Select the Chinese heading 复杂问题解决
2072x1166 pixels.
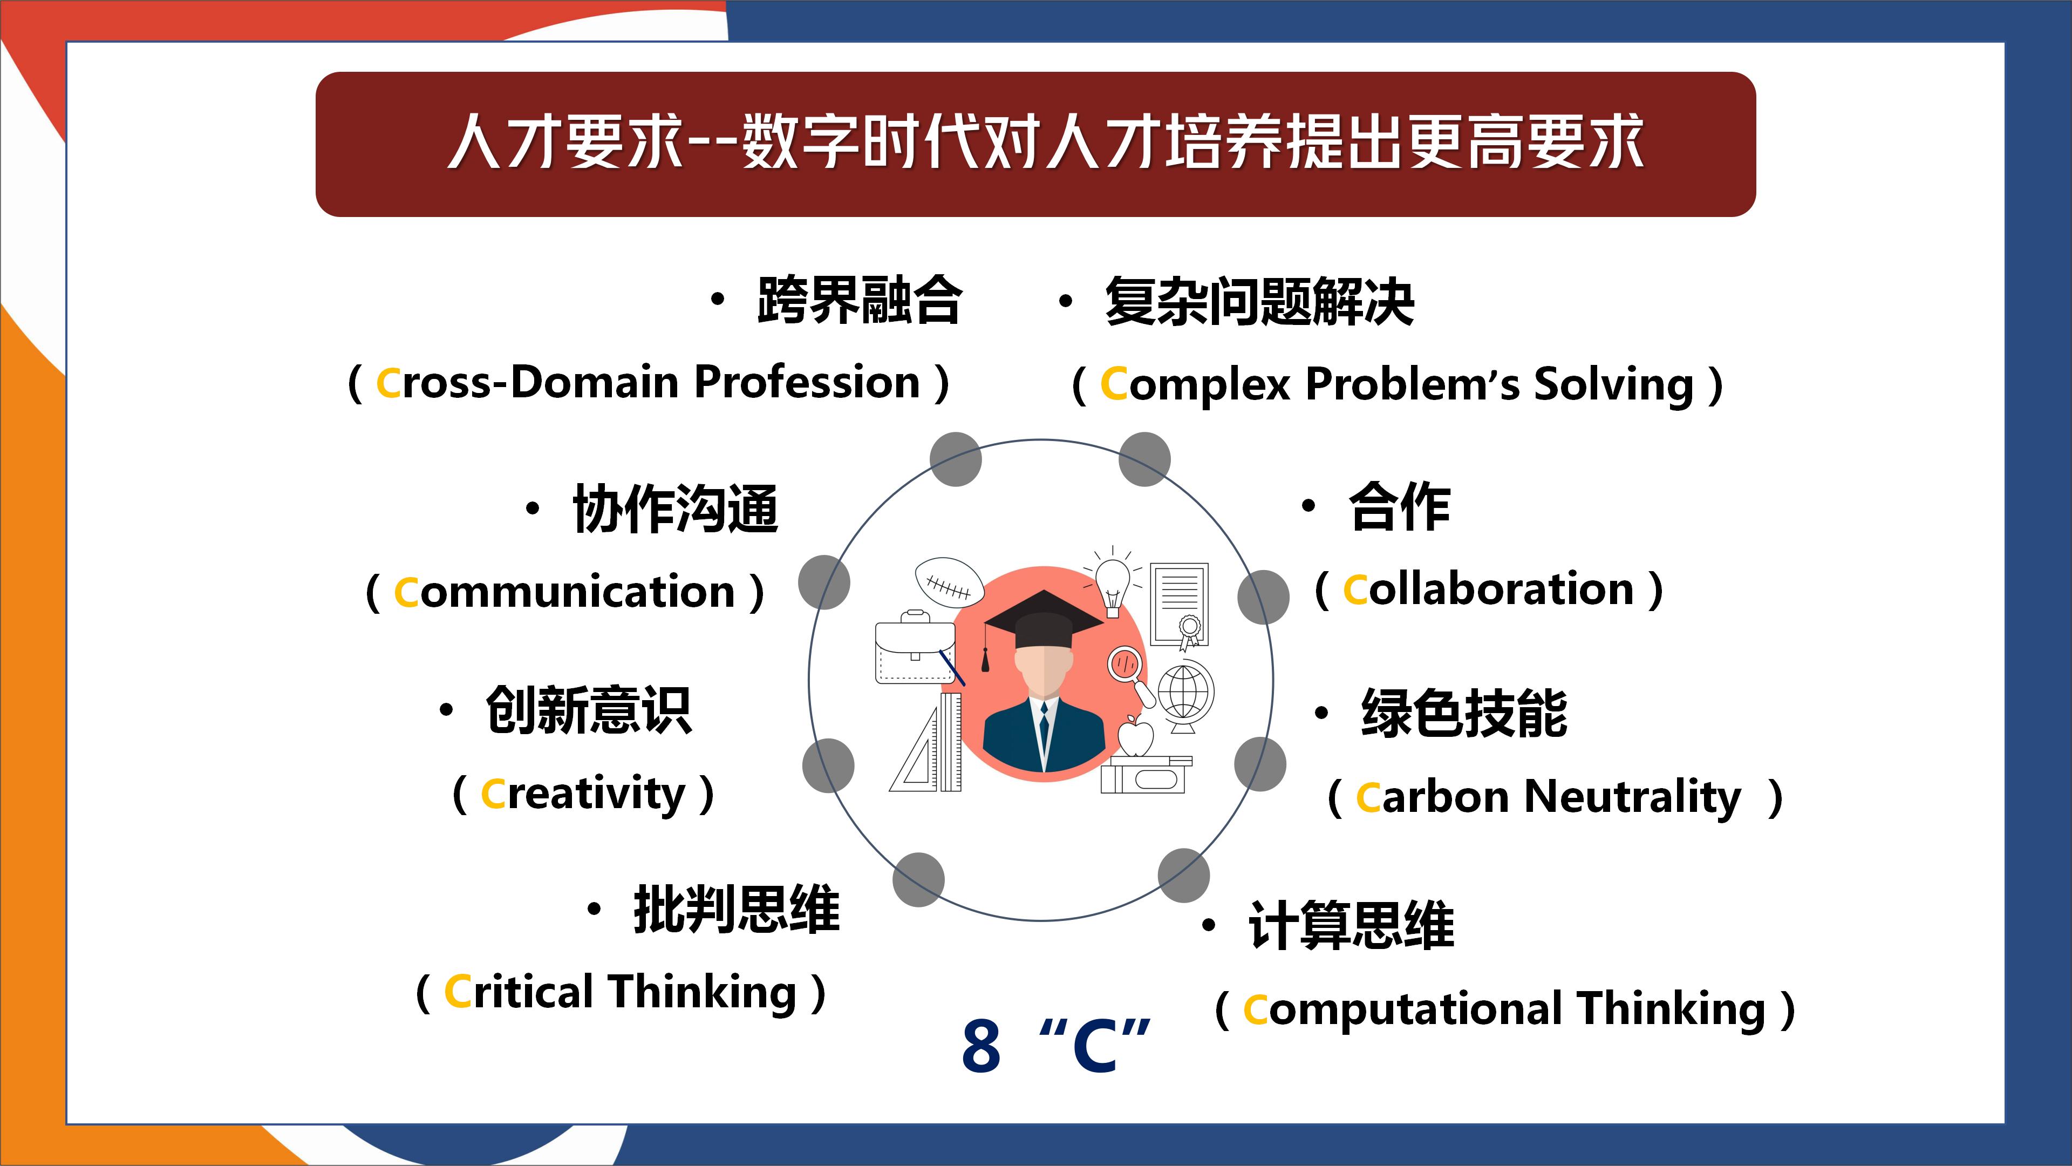(1259, 302)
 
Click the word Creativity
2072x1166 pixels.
(583, 794)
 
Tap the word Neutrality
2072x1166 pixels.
(1633, 797)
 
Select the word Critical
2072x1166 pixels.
(519, 992)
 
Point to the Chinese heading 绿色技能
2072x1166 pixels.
(1464, 713)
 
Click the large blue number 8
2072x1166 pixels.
(982, 1046)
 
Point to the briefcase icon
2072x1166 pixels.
(915, 648)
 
